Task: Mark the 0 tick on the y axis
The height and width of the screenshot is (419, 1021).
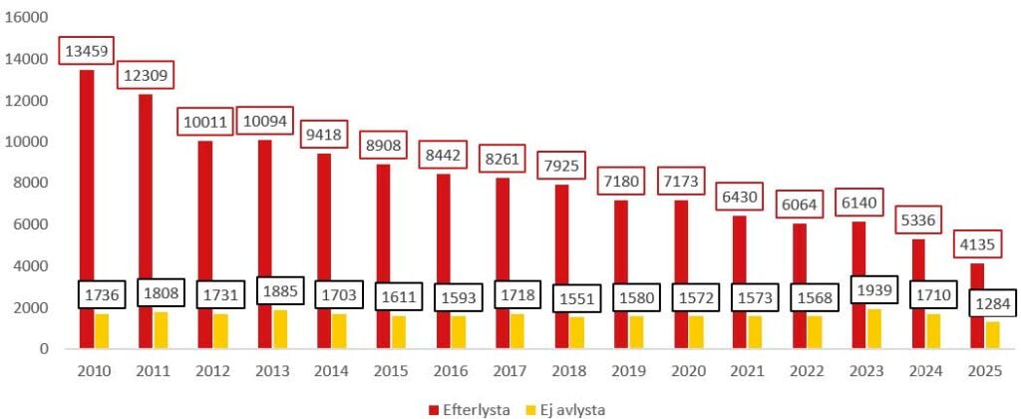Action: tap(43, 349)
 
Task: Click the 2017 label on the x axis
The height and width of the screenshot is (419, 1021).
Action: tap(510, 370)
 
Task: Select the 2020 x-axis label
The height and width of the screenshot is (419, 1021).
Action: tap(689, 370)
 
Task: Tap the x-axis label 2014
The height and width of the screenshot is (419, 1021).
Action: tap(332, 370)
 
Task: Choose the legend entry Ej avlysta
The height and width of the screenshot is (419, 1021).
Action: tap(569, 408)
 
